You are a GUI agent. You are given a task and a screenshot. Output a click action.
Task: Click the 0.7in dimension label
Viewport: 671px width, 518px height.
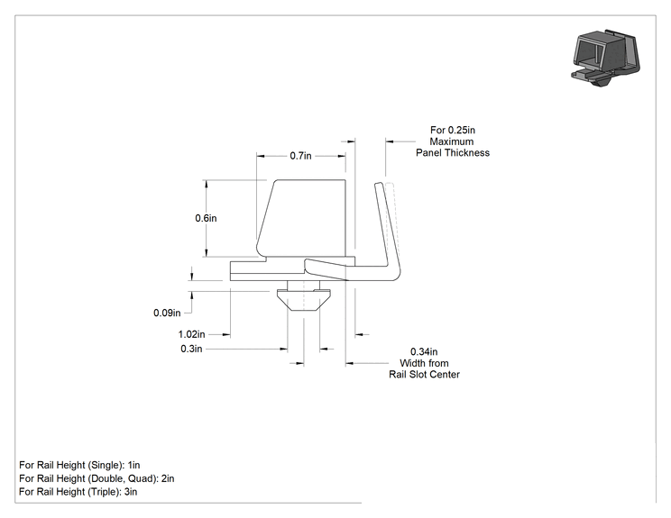pyautogui.click(x=300, y=156)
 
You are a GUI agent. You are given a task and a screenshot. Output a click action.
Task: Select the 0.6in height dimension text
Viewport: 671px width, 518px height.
pyautogui.click(x=206, y=218)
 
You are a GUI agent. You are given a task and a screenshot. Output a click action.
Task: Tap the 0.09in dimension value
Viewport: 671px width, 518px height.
pyautogui.click(x=167, y=313)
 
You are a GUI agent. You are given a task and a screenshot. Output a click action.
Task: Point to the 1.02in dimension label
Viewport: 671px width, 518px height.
pyautogui.click(x=191, y=334)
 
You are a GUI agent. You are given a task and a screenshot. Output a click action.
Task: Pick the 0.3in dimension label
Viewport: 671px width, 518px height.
pyautogui.click(x=191, y=349)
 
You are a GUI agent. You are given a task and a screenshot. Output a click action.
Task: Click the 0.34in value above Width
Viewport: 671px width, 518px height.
pyautogui.click(x=424, y=351)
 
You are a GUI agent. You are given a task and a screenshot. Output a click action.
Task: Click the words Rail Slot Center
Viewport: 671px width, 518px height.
pyautogui.click(x=424, y=375)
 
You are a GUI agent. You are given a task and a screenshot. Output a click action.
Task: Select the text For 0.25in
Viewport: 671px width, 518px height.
pyautogui.click(x=453, y=130)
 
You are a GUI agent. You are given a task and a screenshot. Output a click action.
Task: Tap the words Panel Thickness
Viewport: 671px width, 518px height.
pyautogui.click(x=453, y=152)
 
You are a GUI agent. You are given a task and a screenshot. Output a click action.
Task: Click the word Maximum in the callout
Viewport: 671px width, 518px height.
pyautogui.click(x=452, y=141)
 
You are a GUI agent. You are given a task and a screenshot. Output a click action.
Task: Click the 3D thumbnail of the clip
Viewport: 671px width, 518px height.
pyautogui.click(x=606, y=58)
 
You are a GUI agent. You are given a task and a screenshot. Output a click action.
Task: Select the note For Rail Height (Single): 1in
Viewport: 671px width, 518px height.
pyautogui.click(x=79, y=465)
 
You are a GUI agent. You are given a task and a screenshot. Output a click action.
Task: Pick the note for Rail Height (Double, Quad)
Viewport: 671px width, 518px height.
pyautogui.click(x=97, y=478)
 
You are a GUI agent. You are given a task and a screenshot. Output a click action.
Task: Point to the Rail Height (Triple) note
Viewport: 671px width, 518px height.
pyautogui.click(x=78, y=492)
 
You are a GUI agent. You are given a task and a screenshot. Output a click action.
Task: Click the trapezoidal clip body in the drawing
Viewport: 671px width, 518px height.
pyautogui.click(x=301, y=218)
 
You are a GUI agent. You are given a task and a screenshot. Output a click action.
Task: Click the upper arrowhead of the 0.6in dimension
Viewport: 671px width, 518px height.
pyautogui.click(x=207, y=184)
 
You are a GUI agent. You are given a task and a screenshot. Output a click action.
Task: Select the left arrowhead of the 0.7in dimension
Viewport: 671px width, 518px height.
pyautogui.click(x=261, y=156)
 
